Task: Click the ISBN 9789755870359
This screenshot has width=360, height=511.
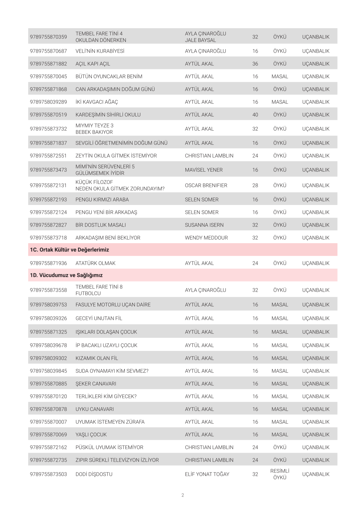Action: [48, 37]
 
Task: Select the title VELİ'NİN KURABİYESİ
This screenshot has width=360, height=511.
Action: [100, 51]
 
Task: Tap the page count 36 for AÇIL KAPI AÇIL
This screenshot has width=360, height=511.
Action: [255, 64]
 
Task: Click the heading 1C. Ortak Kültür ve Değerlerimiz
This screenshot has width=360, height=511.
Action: [69, 250]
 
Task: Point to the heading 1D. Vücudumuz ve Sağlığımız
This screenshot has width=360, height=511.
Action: [66, 275]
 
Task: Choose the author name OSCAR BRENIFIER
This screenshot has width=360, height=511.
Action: [206, 185]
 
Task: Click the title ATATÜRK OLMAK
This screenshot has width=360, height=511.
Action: [95, 263]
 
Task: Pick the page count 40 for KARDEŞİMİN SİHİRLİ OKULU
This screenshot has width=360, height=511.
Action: [255, 115]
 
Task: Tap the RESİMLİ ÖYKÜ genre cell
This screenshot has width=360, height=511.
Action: [280, 474]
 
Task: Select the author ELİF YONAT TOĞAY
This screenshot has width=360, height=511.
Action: [207, 474]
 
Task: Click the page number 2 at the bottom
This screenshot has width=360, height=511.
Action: [183, 495]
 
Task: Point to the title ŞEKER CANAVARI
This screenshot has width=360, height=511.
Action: [96, 384]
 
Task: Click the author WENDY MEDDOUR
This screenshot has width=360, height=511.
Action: [206, 238]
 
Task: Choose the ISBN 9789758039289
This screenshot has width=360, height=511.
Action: [48, 102]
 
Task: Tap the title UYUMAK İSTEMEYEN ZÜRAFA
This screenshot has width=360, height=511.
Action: [110, 422]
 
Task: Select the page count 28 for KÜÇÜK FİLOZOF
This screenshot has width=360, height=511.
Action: [255, 185]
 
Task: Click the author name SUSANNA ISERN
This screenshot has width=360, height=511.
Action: [204, 225]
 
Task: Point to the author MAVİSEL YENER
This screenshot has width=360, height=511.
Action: [204, 170]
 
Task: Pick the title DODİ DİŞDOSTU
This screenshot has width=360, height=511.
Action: [94, 474]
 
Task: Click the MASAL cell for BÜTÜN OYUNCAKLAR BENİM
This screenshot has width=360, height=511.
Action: [280, 76]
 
